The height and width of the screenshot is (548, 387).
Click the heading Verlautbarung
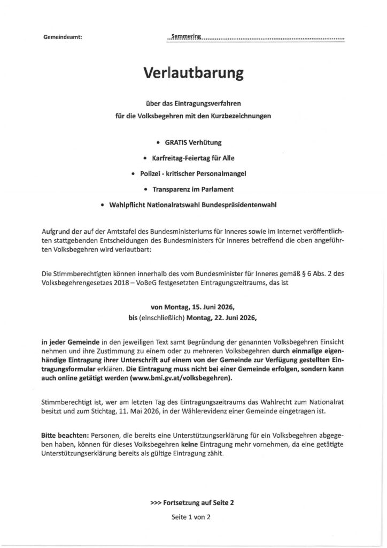click(193, 73)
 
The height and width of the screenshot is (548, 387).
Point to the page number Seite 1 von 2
click(193, 518)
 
